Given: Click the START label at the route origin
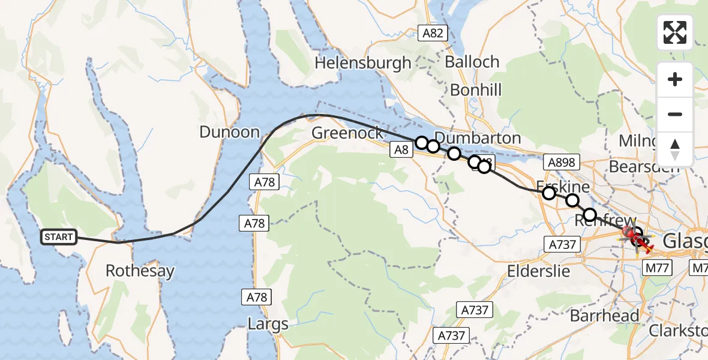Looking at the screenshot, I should click(x=58, y=237).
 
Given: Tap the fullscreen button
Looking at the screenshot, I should click(x=675, y=32).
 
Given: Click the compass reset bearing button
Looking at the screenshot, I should click(x=675, y=149).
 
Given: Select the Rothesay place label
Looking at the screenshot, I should click(x=140, y=271).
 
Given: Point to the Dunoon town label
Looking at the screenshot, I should click(x=229, y=132).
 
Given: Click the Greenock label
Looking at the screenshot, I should click(x=347, y=133).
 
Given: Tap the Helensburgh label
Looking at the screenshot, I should click(x=363, y=62).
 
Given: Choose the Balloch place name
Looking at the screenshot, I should click(x=472, y=62).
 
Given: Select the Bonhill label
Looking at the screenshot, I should click(x=476, y=90).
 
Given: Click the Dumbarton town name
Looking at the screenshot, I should click(x=478, y=137).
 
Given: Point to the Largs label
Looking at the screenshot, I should click(x=268, y=325).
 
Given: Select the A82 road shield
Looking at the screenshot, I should click(x=433, y=33).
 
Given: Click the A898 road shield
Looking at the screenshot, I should click(x=560, y=161).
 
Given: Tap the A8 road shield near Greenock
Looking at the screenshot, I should click(x=402, y=151).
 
